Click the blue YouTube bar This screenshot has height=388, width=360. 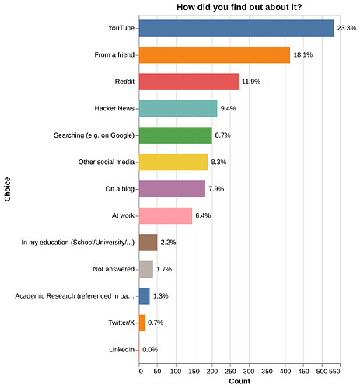pos(236,28)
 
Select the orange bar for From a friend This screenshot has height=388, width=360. pos(215,55)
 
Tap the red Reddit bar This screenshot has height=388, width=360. pos(189,82)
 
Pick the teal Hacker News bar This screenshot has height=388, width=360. pos(178,108)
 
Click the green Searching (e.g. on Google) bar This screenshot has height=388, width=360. pos(176,135)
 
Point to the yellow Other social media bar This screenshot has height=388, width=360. pos(173,162)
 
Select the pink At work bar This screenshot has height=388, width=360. pos(166,215)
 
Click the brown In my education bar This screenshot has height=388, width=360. pos(148,243)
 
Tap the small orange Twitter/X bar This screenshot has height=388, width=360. pos(142,323)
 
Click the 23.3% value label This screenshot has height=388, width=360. pos(347,28)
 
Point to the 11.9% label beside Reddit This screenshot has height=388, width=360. pos(251,82)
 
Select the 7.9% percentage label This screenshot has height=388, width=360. pos(216,189)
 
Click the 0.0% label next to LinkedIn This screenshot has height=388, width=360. pos(150,350)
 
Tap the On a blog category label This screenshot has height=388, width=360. pos(120,189)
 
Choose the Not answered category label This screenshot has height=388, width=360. pos(114,269)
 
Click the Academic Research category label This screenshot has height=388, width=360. pos(75,296)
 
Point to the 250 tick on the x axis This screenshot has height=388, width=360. pos(230,372)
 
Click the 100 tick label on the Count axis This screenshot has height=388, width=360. pos(176,372)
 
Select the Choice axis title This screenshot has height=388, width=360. pos(7,189)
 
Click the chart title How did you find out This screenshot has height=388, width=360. pos(239,7)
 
